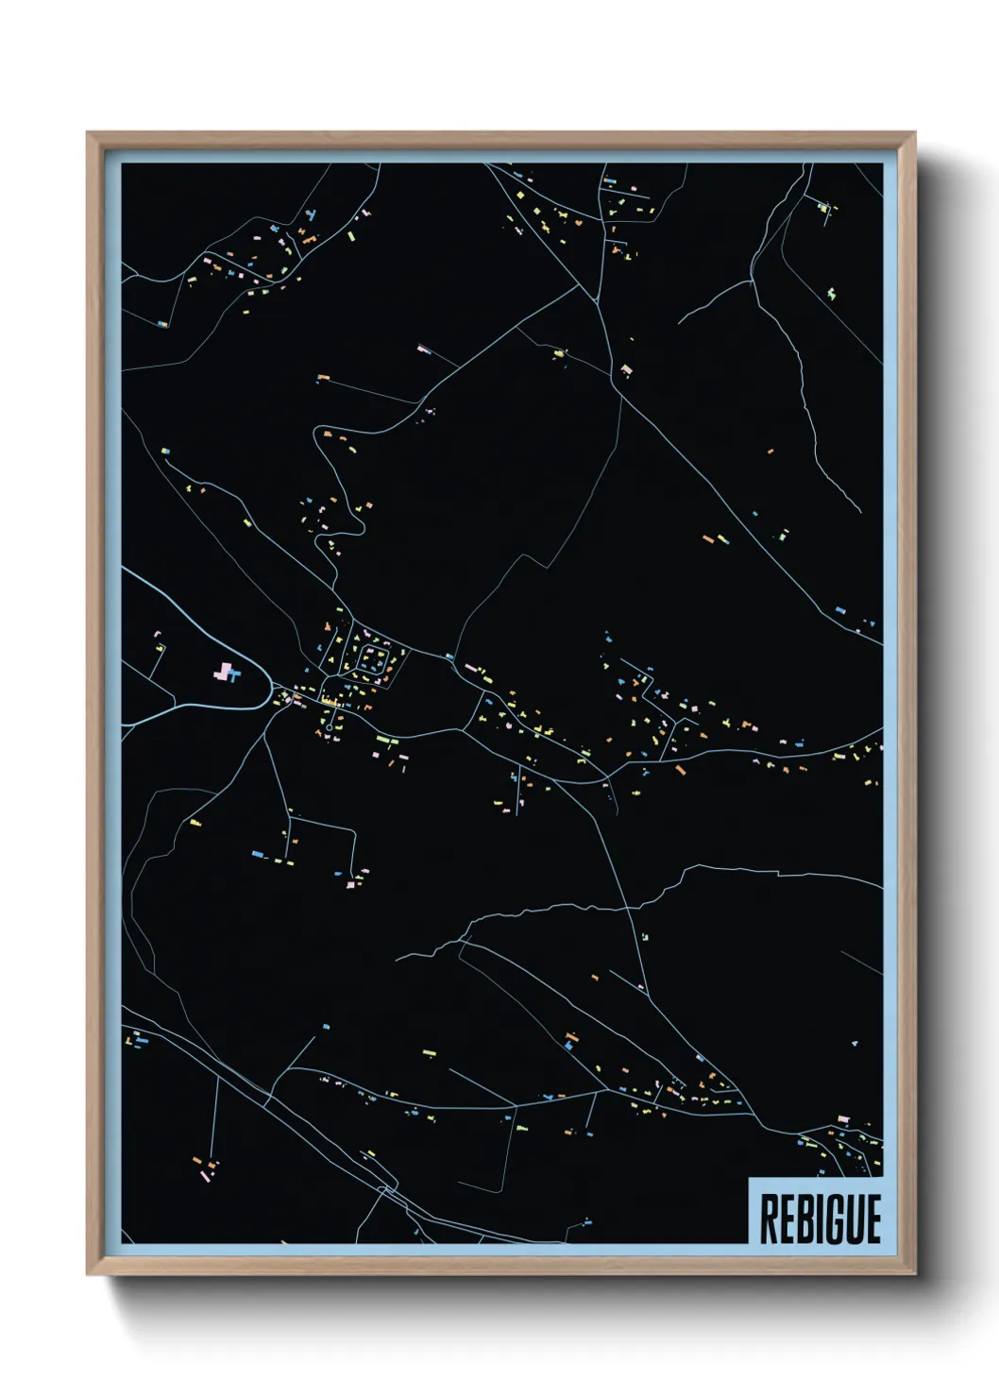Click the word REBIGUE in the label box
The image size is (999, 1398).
coord(820,1219)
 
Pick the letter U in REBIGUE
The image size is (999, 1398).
coord(854,1219)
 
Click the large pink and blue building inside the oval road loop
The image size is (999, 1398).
coord(227,673)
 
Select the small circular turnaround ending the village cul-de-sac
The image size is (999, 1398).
coord(329,701)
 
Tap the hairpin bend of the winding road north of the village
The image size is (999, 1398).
coord(359,524)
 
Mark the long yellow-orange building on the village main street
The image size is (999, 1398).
coord(331,703)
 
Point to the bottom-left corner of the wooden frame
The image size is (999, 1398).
coord(89,1274)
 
